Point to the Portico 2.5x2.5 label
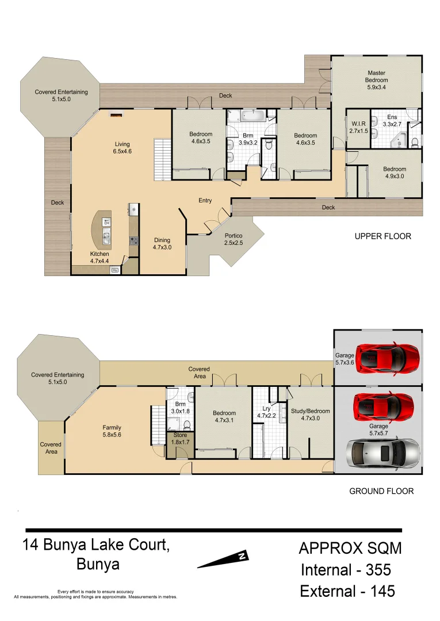coord(233,240)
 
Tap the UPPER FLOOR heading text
coord(382,236)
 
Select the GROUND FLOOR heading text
coord(381,491)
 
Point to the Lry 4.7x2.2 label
coord(266,412)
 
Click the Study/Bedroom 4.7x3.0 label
coord(310,415)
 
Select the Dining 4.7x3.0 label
coord(162,244)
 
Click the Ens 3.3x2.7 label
coord(392,120)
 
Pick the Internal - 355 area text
coord(346,570)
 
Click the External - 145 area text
coord(347,591)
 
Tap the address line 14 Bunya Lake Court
coord(96,544)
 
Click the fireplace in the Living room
coord(116,115)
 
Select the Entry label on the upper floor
coord(205,201)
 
